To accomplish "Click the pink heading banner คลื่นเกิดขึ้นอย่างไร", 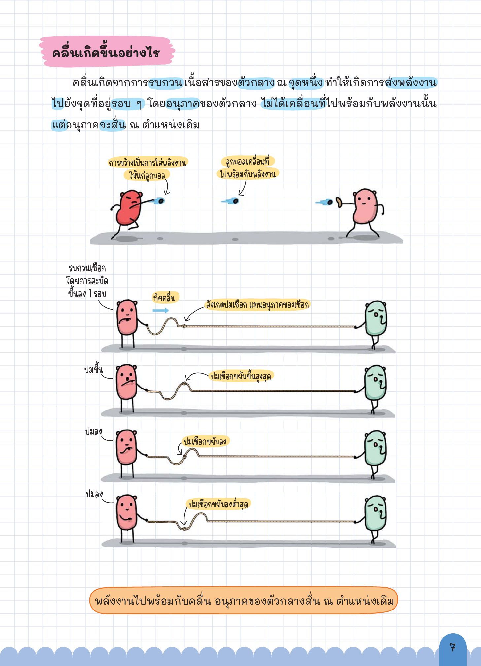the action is [x=107, y=52].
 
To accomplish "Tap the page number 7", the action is [x=452, y=647].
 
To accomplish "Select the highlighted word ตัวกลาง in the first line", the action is [x=256, y=82].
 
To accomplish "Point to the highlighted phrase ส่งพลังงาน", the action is [x=411, y=82].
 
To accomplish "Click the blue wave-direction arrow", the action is [x=160, y=310].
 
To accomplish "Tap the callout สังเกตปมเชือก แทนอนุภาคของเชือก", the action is [x=257, y=304].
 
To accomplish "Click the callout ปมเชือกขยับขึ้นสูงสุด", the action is [x=241, y=376].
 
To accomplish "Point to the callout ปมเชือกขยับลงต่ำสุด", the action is [x=218, y=504].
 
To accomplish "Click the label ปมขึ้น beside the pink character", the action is [x=93, y=369].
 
